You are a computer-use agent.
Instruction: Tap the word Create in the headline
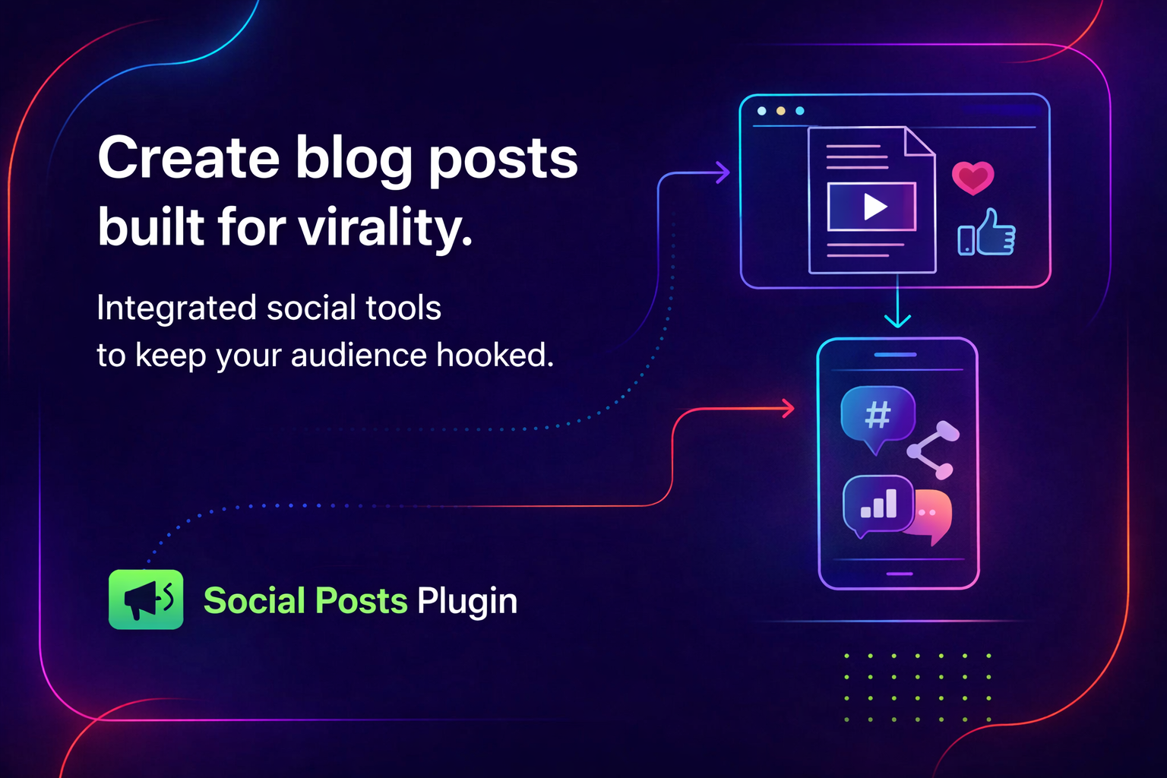pyautogui.click(x=188, y=158)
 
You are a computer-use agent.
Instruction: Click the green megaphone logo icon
pyautogui.click(x=146, y=599)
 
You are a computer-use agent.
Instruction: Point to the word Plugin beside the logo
pyautogui.click(x=467, y=601)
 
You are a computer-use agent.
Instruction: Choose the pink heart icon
pyautogui.click(x=972, y=178)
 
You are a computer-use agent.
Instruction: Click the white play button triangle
pyautogui.click(x=874, y=207)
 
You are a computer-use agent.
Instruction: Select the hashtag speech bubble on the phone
pyautogui.click(x=878, y=416)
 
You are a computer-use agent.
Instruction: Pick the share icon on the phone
pyautogui.click(x=933, y=451)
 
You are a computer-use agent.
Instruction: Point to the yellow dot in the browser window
pyautogui.click(x=780, y=111)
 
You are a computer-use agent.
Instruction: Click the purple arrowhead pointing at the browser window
pyautogui.click(x=723, y=172)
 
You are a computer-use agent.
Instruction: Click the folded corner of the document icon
pyautogui.click(x=920, y=142)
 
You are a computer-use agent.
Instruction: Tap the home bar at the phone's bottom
pyautogui.click(x=899, y=574)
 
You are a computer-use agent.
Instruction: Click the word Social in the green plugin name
pyautogui.click(x=255, y=601)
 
